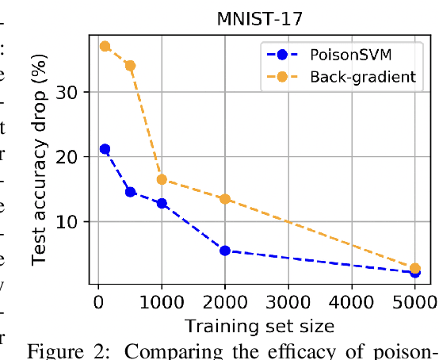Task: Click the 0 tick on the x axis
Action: (98, 301)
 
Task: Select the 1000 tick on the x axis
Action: (162, 301)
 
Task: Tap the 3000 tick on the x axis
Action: (288, 301)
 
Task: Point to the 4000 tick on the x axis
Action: (352, 301)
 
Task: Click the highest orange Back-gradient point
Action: (105, 47)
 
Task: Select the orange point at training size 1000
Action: (162, 179)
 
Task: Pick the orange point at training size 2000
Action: (225, 199)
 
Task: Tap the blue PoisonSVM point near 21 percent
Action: (105, 149)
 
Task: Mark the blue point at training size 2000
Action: (225, 251)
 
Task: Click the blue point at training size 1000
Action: (162, 203)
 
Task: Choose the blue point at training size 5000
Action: (414, 272)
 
